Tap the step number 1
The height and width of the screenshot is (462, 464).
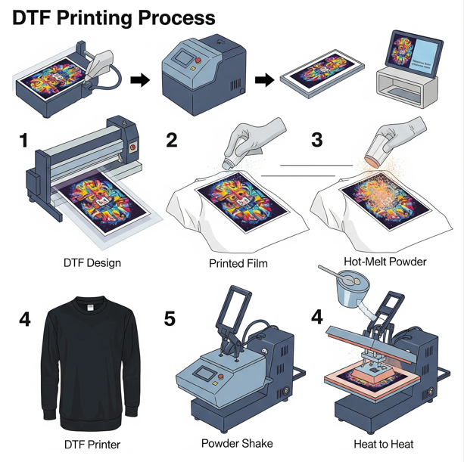pos(23,141)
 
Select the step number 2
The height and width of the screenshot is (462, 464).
pos(171,140)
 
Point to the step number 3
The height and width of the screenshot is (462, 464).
pos(316,140)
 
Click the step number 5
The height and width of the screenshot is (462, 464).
pos(170,319)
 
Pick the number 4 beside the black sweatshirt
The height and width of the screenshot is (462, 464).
pos(25,319)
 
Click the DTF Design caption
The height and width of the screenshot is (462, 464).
pos(92,264)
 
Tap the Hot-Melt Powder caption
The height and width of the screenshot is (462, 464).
pos(385,262)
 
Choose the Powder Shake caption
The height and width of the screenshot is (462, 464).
pos(236,443)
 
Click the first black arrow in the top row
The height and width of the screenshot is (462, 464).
pos(141,80)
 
